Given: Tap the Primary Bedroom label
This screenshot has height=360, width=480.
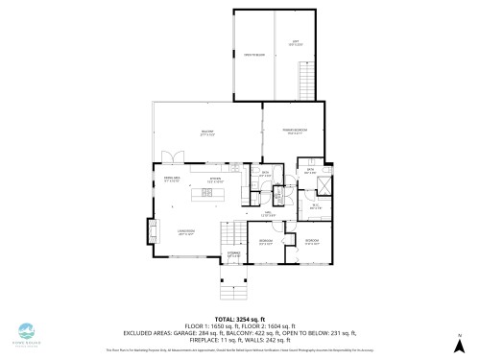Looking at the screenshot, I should pyautogui.click(x=293, y=132).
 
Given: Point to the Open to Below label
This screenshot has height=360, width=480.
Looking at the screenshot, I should pyautogui.click(x=253, y=56).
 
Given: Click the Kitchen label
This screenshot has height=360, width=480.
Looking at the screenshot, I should pyautogui.click(x=219, y=180).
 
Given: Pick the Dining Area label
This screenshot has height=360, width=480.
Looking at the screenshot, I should pyautogui.click(x=172, y=180).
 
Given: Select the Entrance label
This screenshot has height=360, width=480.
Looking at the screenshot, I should pyautogui.click(x=233, y=255).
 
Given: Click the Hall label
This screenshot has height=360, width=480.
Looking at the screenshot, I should pyautogui.click(x=270, y=215).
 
